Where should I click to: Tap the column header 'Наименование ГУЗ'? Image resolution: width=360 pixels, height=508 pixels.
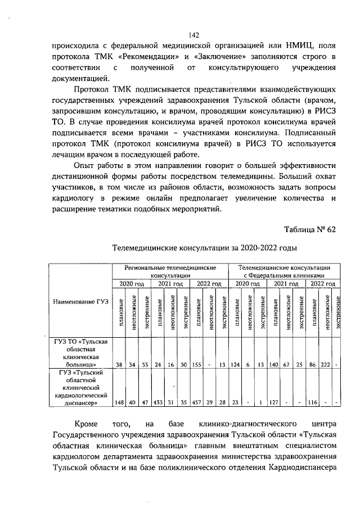[80, 302]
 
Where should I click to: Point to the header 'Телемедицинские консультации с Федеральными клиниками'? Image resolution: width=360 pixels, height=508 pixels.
[285, 273]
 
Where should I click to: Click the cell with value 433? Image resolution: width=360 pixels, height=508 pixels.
[158, 402]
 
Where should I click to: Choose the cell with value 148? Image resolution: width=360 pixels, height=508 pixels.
[119, 402]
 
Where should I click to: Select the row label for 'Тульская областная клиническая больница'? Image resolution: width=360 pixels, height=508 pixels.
[80, 353]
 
